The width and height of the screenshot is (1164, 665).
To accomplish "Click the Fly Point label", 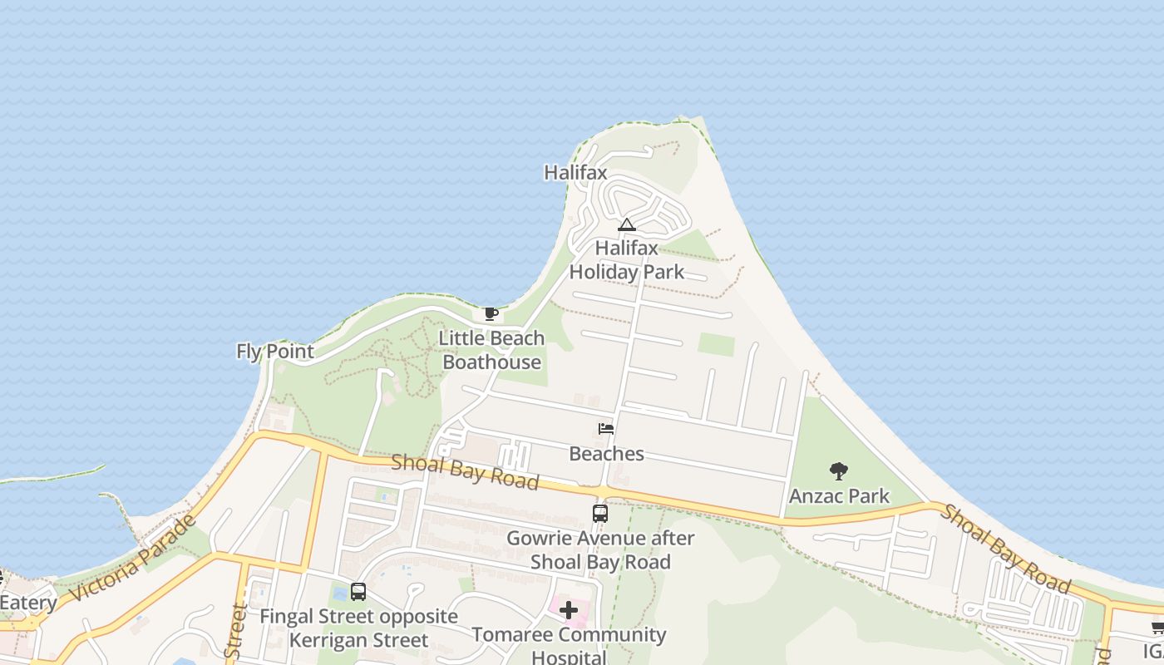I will [x=275, y=352].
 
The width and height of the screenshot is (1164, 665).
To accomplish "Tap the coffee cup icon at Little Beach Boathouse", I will [x=491, y=313].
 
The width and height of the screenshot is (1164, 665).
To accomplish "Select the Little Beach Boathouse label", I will [x=491, y=350].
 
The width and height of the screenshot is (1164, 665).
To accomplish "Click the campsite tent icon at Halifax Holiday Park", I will [x=626, y=224].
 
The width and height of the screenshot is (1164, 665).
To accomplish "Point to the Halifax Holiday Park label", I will [x=626, y=259].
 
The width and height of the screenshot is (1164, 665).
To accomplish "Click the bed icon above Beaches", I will [x=606, y=429].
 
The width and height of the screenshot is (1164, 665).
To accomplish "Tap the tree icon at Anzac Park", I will [x=839, y=471].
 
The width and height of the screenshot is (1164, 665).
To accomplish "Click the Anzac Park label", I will [x=839, y=496].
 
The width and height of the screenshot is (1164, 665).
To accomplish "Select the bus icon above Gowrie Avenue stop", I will [x=600, y=513].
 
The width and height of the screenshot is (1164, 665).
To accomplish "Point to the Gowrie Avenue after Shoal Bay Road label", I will [x=600, y=550].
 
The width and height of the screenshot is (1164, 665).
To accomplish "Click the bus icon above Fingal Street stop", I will [x=358, y=592].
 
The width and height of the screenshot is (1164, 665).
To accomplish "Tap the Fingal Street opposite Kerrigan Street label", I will [x=358, y=628].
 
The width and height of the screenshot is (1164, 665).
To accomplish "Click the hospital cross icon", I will [x=569, y=611].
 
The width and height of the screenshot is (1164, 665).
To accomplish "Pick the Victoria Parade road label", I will [x=133, y=559].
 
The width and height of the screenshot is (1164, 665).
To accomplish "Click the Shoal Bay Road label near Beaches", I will [x=465, y=472].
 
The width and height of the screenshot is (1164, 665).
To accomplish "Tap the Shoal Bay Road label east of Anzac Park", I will [x=1004, y=549].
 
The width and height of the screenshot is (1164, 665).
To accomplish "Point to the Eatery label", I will [x=28, y=603].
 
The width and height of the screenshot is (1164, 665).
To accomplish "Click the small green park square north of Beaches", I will [x=717, y=344].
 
